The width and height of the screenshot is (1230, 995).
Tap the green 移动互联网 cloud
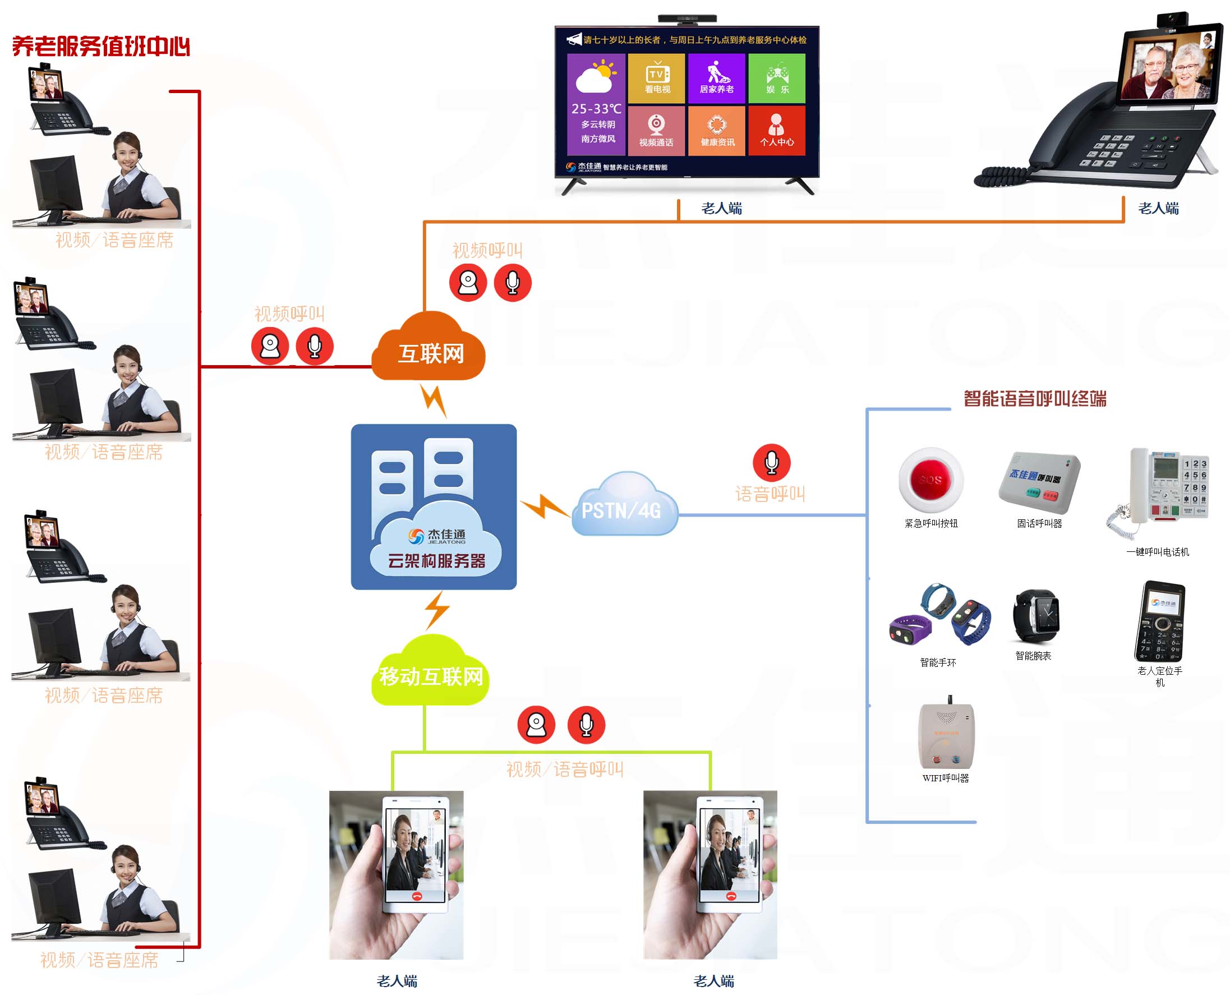pyautogui.click(x=431, y=675)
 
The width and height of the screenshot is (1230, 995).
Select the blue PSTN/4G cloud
pyautogui.click(x=624, y=507)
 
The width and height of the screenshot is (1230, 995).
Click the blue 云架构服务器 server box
pyautogui.click(x=434, y=506)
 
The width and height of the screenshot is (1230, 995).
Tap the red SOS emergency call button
pyautogui.click(x=930, y=479)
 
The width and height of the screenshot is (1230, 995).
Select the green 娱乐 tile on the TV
pyautogui.click(x=777, y=79)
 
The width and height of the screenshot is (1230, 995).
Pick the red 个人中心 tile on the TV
pyautogui.click(x=777, y=131)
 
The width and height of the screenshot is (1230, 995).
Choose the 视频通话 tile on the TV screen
pyautogui.click(x=656, y=131)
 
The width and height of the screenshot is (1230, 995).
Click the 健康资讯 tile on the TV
pyautogui.click(x=716, y=131)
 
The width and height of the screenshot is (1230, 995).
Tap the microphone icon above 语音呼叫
pyautogui.click(x=771, y=463)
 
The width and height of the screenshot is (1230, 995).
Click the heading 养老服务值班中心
pyautogui.click(x=101, y=47)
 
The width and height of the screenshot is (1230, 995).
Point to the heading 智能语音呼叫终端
pyautogui.click(x=1035, y=398)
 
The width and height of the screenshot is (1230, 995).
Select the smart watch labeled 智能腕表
pyautogui.click(x=1036, y=617)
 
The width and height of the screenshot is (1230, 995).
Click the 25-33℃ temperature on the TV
pyautogui.click(x=596, y=108)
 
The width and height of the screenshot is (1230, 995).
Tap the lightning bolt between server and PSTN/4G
pyautogui.click(x=543, y=506)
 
